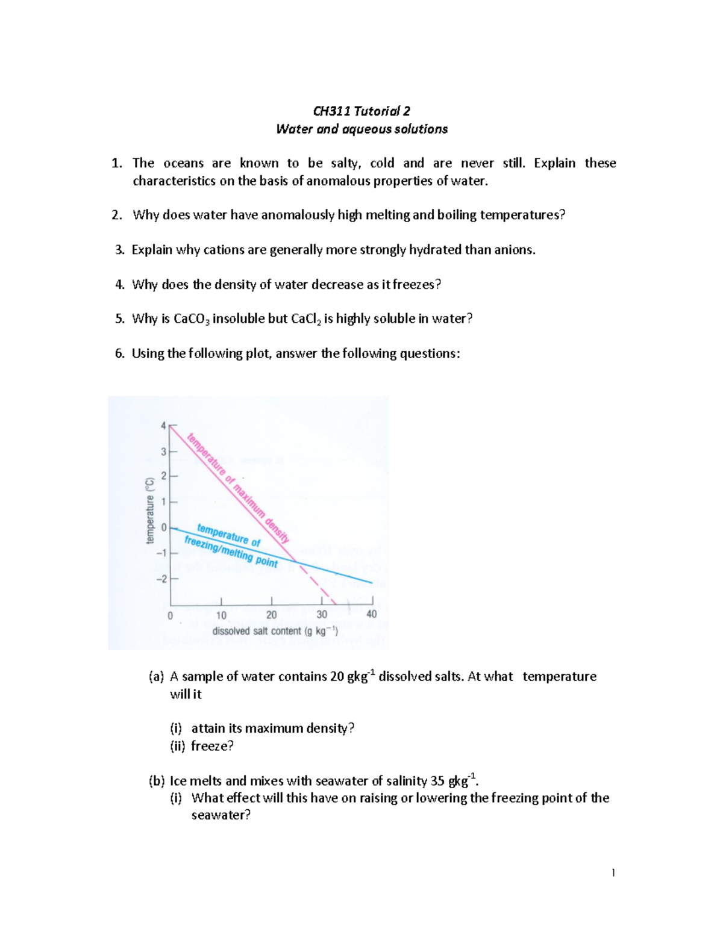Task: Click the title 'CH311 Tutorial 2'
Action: [361, 111]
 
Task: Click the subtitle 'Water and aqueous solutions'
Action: [361, 129]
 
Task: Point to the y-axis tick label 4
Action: [163, 426]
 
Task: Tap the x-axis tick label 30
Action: [322, 615]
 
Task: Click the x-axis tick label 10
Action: [221, 615]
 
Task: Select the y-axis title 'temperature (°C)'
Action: [150, 510]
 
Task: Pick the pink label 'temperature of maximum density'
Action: [239, 488]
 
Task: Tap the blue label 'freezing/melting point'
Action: [231, 551]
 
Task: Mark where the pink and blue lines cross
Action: [296, 562]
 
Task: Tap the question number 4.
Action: [119, 285]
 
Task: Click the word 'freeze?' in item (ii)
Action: [212, 746]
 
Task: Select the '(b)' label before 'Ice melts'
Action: [156, 781]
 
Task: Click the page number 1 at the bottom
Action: [613, 872]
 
